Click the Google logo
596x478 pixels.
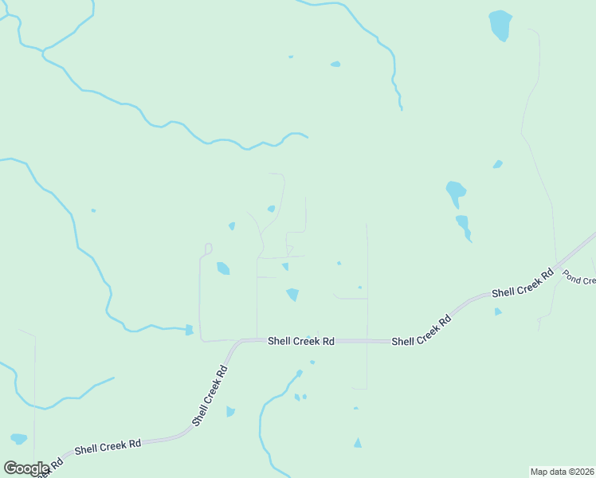point(26,468)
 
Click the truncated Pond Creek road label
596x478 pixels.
point(579,278)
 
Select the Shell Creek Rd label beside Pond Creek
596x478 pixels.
point(523,283)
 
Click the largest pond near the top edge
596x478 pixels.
point(500,25)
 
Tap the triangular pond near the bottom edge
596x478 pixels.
point(358,443)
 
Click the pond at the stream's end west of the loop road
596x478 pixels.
point(189,330)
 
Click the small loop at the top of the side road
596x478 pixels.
point(209,249)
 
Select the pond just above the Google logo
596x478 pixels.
point(19,438)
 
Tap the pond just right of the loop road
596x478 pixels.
point(223,268)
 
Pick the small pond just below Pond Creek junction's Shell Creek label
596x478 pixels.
point(498,311)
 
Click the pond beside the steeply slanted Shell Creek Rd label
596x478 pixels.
point(230,411)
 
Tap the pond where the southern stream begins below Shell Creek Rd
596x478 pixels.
point(299,373)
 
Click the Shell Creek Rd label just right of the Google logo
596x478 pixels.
point(108,447)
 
